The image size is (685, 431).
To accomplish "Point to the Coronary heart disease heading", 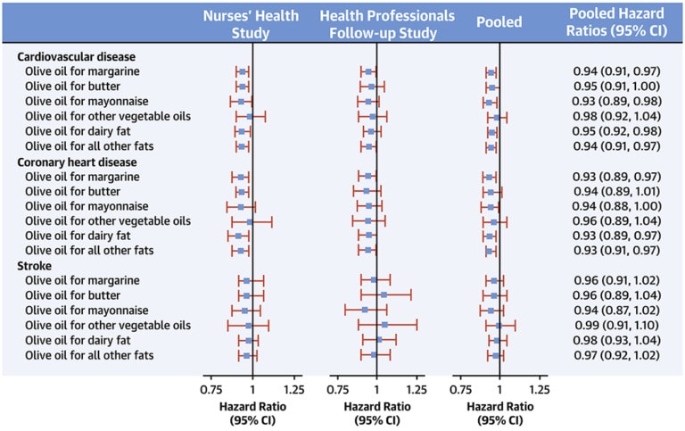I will pyautogui.click(x=77, y=162).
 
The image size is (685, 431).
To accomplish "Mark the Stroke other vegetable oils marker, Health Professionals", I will pyautogui.click(x=384, y=326).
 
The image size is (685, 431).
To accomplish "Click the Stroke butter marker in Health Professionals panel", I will pyautogui.click(x=384, y=294).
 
